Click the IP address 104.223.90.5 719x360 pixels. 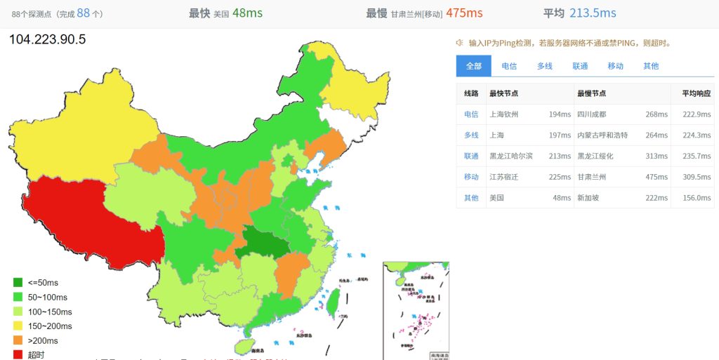47,39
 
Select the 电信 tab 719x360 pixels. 509,66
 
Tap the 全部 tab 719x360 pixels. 474,66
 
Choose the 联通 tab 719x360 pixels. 580,66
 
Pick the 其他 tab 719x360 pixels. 651,66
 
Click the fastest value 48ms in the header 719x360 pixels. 247,13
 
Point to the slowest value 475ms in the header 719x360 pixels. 464,13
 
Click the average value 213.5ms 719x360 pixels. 593,13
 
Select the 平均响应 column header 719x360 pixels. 696,93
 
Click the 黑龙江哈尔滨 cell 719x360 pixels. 510,156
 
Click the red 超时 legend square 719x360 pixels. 18,354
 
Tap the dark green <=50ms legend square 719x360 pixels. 18,283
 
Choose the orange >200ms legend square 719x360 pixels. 18,340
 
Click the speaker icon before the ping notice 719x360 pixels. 460,43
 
